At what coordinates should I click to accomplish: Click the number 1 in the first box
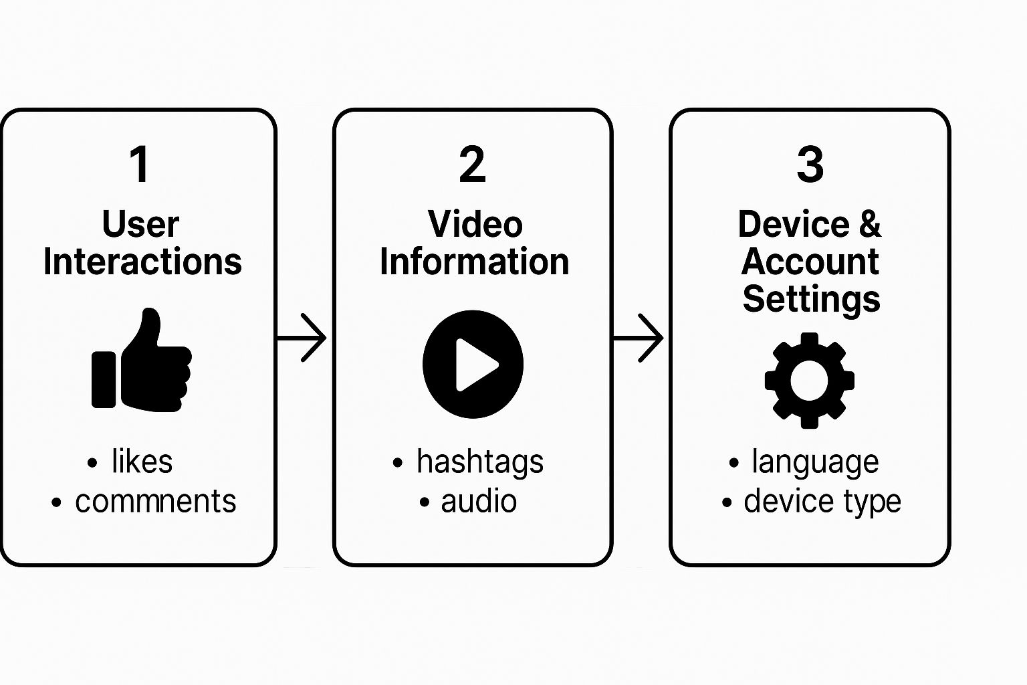140,164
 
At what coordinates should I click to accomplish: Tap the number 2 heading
472,164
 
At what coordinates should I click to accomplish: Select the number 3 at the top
810,164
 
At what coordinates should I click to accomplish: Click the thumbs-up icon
142,361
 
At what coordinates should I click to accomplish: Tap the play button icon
473,364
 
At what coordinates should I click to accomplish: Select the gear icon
809,380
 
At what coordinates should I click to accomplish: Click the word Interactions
142,262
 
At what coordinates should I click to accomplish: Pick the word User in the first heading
140,224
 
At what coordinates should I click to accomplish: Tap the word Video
475,224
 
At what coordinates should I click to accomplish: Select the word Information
475,262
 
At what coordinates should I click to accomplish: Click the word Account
810,262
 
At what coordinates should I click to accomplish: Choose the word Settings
811,299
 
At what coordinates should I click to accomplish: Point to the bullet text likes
142,462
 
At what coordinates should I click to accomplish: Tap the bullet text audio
479,502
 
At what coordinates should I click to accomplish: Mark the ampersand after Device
869,224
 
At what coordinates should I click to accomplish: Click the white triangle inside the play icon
475,365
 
